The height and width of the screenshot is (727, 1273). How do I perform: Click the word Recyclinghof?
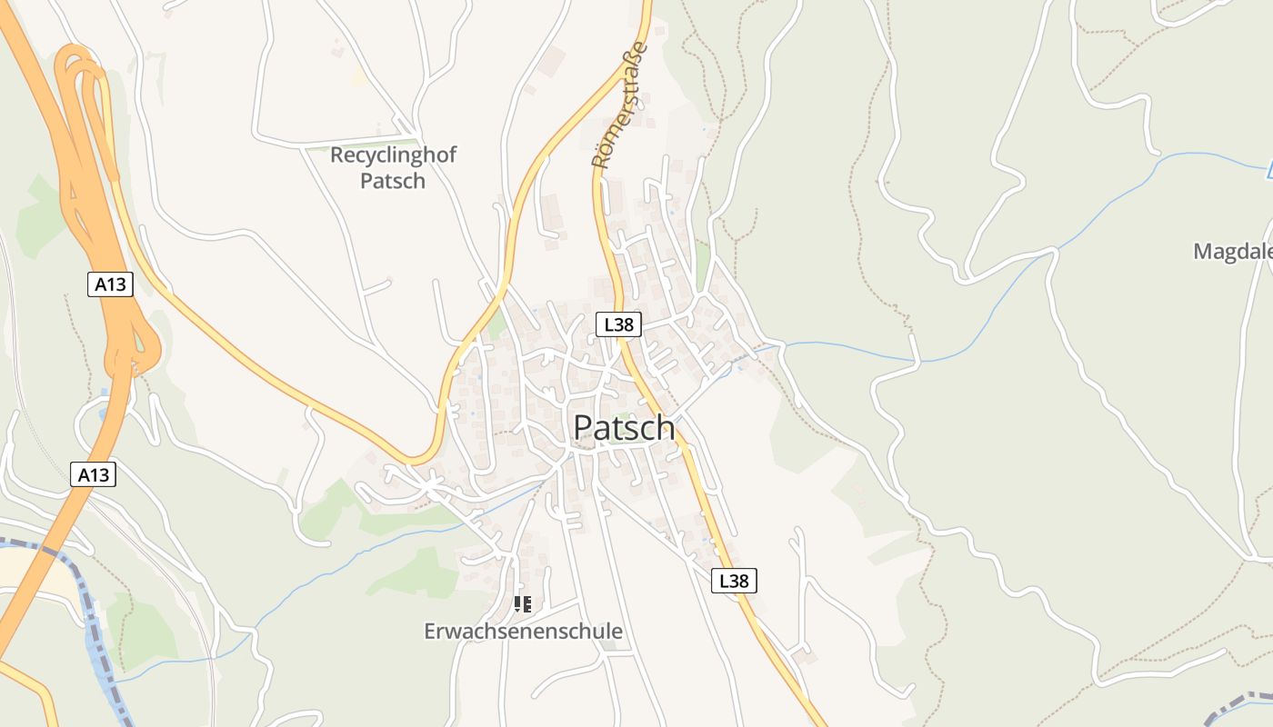click(393, 154)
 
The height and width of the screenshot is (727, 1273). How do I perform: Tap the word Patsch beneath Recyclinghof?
click(393, 180)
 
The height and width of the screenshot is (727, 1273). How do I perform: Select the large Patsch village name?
click(624, 428)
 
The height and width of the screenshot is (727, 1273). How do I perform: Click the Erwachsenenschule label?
click(523, 631)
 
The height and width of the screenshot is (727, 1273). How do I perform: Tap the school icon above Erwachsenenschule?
click(523, 603)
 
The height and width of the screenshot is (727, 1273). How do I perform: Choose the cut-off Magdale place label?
click(1233, 252)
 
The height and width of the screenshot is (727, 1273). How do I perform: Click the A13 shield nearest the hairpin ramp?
click(111, 284)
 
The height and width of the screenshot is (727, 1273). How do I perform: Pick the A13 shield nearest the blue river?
click(94, 473)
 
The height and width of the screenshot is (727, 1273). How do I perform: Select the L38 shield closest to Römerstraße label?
click(619, 324)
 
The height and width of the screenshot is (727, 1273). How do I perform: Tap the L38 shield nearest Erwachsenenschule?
click(734, 581)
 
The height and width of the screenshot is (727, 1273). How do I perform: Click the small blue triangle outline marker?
click(1270, 169)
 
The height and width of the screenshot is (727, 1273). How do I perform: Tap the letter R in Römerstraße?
click(600, 161)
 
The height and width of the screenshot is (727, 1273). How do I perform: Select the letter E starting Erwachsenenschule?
click(430, 631)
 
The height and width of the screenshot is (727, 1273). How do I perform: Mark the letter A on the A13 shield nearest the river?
click(84, 473)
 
